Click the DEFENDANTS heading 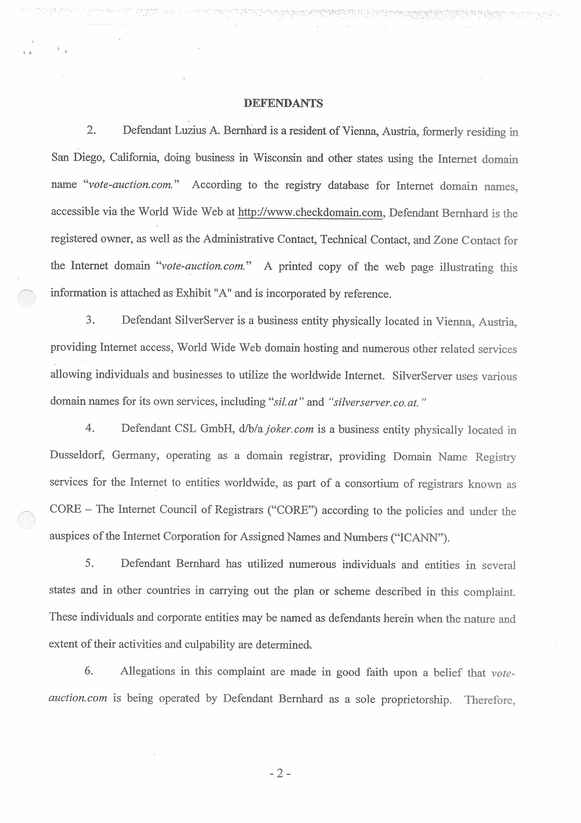click(x=283, y=103)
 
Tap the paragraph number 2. click(x=91, y=130)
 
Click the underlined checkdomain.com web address click(x=310, y=213)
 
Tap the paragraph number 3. click(x=90, y=320)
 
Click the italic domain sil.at click(x=286, y=402)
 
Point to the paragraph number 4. click(x=90, y=428)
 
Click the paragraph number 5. click(x=90, y=564)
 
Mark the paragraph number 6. click(x=89, y=671)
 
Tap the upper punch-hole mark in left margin click(x=26, y=298)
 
